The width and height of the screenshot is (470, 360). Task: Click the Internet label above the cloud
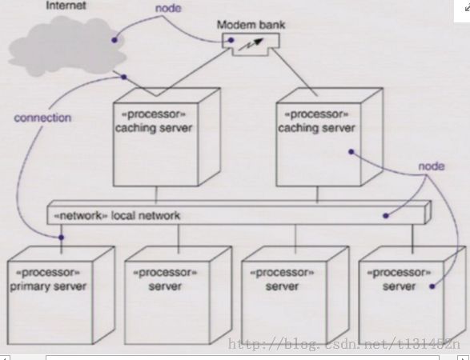point(66,6)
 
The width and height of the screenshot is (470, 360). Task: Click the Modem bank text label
point(251,25)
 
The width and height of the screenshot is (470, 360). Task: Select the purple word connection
point(42,118)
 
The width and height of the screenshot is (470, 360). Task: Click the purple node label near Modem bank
point(168,8)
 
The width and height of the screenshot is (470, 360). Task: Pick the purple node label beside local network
point(432,166)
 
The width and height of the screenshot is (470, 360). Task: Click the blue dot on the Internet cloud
point(114,40)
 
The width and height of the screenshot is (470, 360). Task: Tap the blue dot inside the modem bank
point(231,40)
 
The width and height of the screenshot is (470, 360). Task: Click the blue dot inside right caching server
point(351,152)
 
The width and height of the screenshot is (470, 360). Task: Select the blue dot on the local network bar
point(386,216)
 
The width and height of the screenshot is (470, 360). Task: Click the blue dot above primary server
point(61,238)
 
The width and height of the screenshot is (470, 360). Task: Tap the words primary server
point(48,286)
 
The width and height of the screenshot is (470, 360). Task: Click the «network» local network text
point(117,216)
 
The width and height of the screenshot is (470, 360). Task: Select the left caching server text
point(154,128)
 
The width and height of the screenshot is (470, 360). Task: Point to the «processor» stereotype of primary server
point(48,273)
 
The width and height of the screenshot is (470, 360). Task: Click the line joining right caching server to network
point(317,194)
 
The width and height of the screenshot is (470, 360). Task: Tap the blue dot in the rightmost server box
point(432,286)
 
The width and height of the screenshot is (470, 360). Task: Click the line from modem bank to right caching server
point(295,72)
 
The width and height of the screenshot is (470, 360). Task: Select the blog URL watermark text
point(343,345)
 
